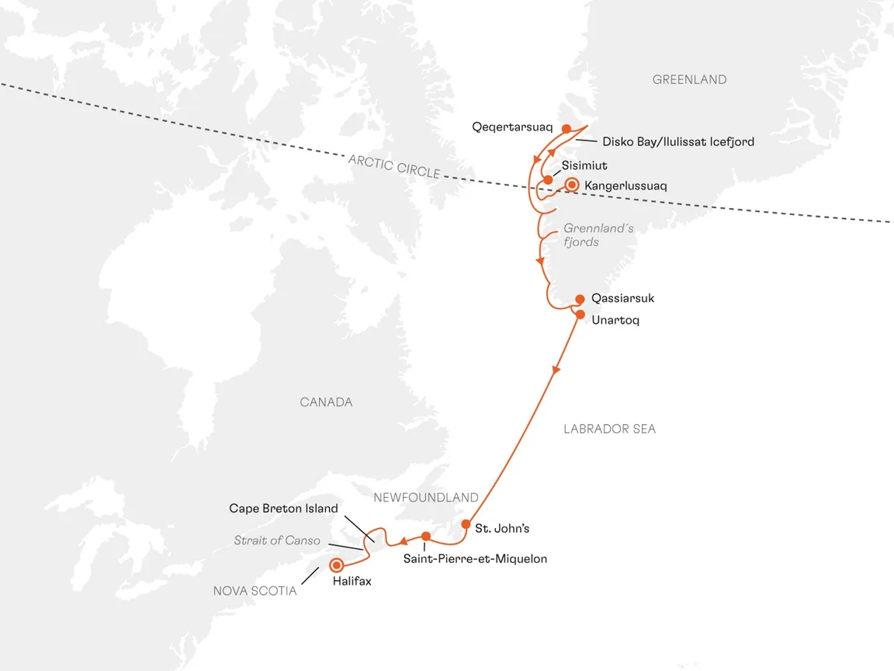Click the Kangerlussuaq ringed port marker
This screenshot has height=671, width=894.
coord(572,185)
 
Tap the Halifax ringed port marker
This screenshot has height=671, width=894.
coord(337,565)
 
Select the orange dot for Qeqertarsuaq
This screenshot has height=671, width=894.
coord(567,129)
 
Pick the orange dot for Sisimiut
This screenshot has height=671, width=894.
coord(548,180)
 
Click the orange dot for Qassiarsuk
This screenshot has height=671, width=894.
coord(580,299)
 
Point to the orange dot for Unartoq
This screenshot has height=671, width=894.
coord(580,315)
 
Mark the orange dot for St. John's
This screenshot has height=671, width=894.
coord(466,523)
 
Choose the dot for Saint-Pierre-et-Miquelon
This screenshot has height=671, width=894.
coord(426,536)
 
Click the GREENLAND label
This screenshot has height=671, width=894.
coord(689,80)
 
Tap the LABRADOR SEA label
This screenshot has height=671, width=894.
coord(610,429)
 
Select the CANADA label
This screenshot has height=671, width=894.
coord(326,402)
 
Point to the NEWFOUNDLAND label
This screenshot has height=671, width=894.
coord(425,497)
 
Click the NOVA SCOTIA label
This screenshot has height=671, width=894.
coord(255,591)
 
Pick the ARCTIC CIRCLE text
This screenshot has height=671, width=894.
coord(394,166)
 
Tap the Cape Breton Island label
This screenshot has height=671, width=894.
coord(283,509)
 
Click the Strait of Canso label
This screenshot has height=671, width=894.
coord(277,541)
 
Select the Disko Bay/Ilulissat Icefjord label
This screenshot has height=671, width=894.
coord(678,142)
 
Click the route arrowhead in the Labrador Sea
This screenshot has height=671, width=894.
coord(555,373)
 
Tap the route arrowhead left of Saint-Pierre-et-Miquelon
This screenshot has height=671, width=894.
coord(404,541)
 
